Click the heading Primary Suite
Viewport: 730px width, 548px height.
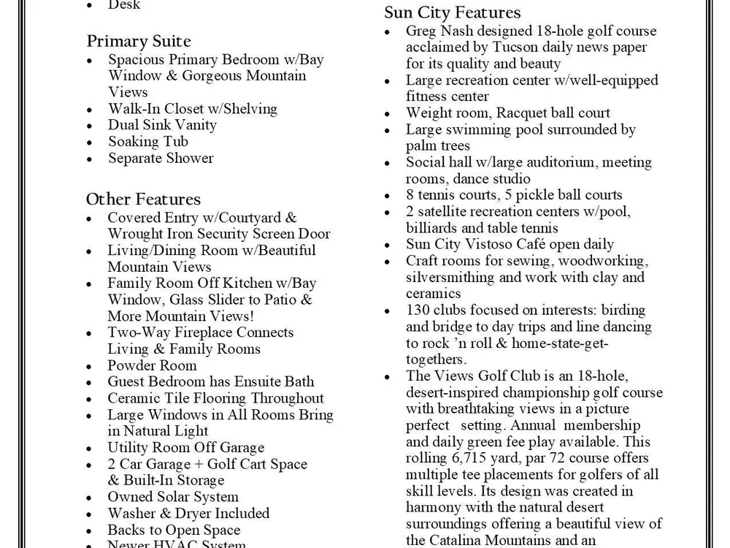tap(139, 41)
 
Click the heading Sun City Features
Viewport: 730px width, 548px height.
tap(453, 12)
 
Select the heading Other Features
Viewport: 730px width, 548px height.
tap(143, 199)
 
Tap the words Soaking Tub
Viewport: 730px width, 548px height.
tap(148, 142)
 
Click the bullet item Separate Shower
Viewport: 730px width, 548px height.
tap(161, 158)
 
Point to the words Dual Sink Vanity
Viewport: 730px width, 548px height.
tap(162, 125)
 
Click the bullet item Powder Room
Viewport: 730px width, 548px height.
tap(152, 365)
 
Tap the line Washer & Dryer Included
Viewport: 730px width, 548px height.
tap(188, 514)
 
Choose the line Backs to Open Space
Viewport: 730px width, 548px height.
tap(174, 530)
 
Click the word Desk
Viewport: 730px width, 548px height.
tap(124, 5)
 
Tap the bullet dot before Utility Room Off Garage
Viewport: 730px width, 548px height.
tap(90, 449)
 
